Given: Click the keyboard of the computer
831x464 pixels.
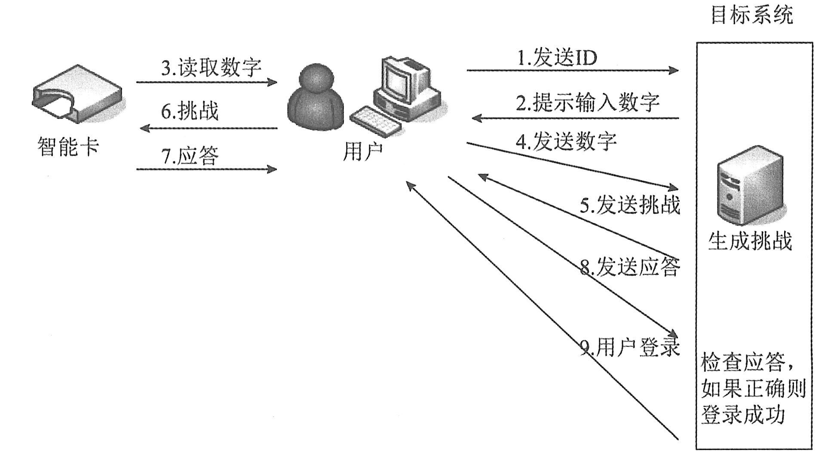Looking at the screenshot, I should tap(376, 120).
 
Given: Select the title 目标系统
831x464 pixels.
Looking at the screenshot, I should tap(751, 15).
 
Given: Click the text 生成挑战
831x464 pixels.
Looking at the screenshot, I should tap(750, 241).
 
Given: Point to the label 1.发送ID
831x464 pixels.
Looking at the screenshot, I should tap(557, 58).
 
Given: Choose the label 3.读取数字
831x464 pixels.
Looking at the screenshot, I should tap(211, 68).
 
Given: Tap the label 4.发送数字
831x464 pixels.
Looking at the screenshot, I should tap(566, 141).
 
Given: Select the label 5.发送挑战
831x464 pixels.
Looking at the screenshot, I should tap(630, 205).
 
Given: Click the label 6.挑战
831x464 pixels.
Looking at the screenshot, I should tap(190, 111).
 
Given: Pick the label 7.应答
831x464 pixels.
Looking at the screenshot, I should tap(190, 156).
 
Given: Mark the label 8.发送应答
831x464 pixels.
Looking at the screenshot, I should tap(630, 267).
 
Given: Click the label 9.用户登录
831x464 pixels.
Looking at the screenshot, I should tap(630, 347).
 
